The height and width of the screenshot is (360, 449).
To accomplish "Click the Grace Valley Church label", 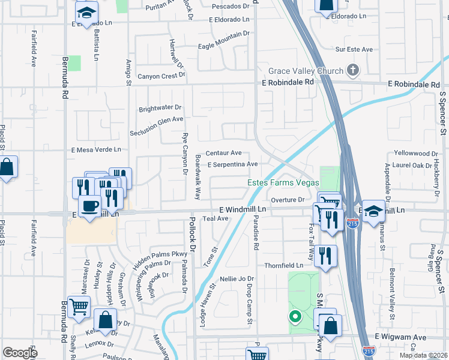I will coord(306,71).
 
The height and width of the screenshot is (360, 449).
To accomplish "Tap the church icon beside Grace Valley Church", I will coord(352,70).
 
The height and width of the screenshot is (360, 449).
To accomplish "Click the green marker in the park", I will coord(294,316).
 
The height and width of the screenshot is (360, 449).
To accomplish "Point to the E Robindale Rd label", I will coord(288,82).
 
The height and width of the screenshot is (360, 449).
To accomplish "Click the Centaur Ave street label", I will coord(223,153).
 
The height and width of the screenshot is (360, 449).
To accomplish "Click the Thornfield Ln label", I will coord(284,265).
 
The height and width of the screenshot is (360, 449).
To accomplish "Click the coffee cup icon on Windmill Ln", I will coord(90,206).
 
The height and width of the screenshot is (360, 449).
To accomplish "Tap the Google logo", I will coord(20,353).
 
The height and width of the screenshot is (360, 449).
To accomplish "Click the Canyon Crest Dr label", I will coord(161,76).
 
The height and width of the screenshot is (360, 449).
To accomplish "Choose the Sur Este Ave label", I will coord(354,49).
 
